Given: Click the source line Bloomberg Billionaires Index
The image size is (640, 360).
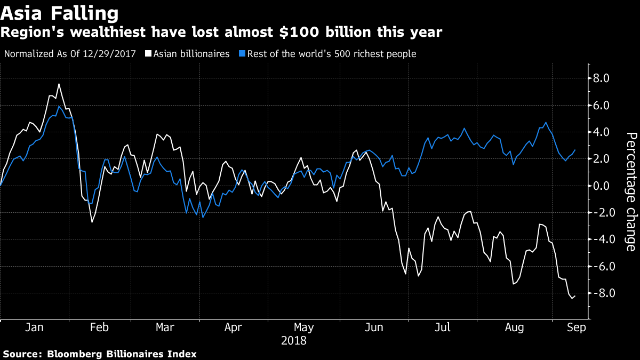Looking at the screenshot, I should [100, 354].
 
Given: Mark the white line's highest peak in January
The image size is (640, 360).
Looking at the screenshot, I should [59, 84].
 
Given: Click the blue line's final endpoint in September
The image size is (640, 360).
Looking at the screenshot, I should [575, 150].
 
